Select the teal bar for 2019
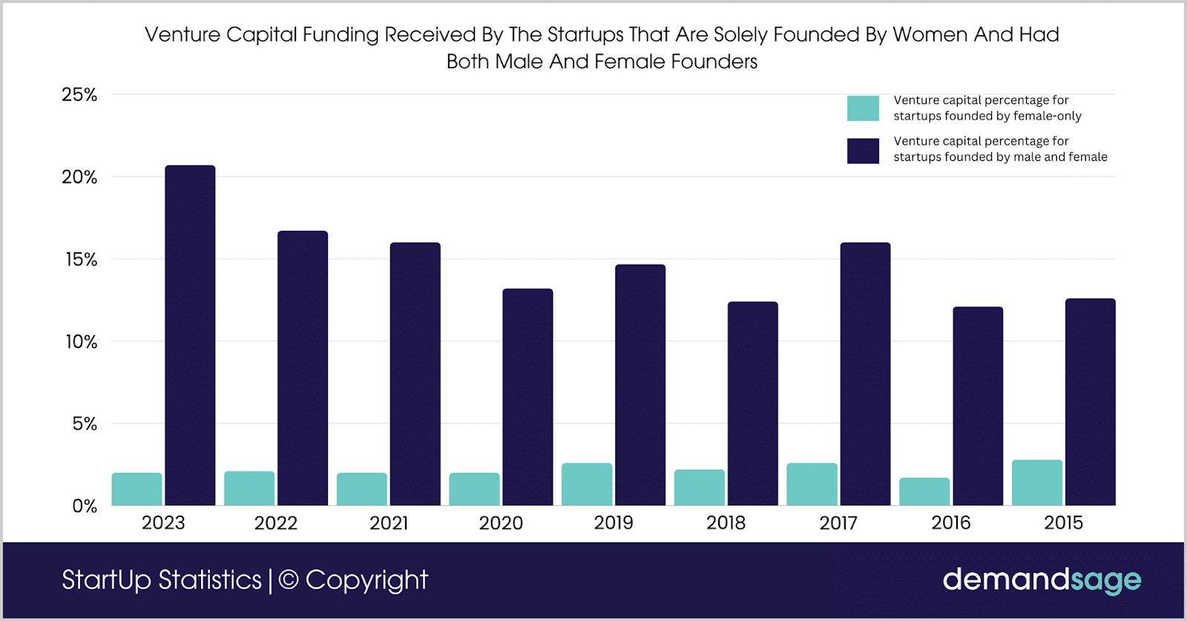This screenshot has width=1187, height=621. tap(587, 484)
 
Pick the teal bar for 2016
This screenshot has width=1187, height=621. tap(924, 492)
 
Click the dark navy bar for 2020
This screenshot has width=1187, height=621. tap(527, 397)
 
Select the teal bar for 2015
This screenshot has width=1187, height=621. tap(1037, 483)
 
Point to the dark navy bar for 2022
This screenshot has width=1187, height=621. tap(303, 368)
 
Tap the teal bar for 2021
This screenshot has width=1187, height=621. tap(362, 490)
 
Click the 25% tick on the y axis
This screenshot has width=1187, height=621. tap(79, 95)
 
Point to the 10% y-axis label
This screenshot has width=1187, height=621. tap(81, 342)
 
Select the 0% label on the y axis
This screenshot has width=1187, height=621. tap(85, 507)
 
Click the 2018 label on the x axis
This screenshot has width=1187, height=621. tap(726, 523)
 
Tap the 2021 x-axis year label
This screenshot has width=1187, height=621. tap(389, 523)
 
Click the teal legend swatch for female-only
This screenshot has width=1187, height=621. tap(863, 108)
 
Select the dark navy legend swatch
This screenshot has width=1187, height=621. tap(863, 151)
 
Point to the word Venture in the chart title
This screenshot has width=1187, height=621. tap(183, 35)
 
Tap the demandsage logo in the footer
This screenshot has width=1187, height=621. tap(1042, 579)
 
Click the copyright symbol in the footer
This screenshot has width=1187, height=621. tap(289, 580)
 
